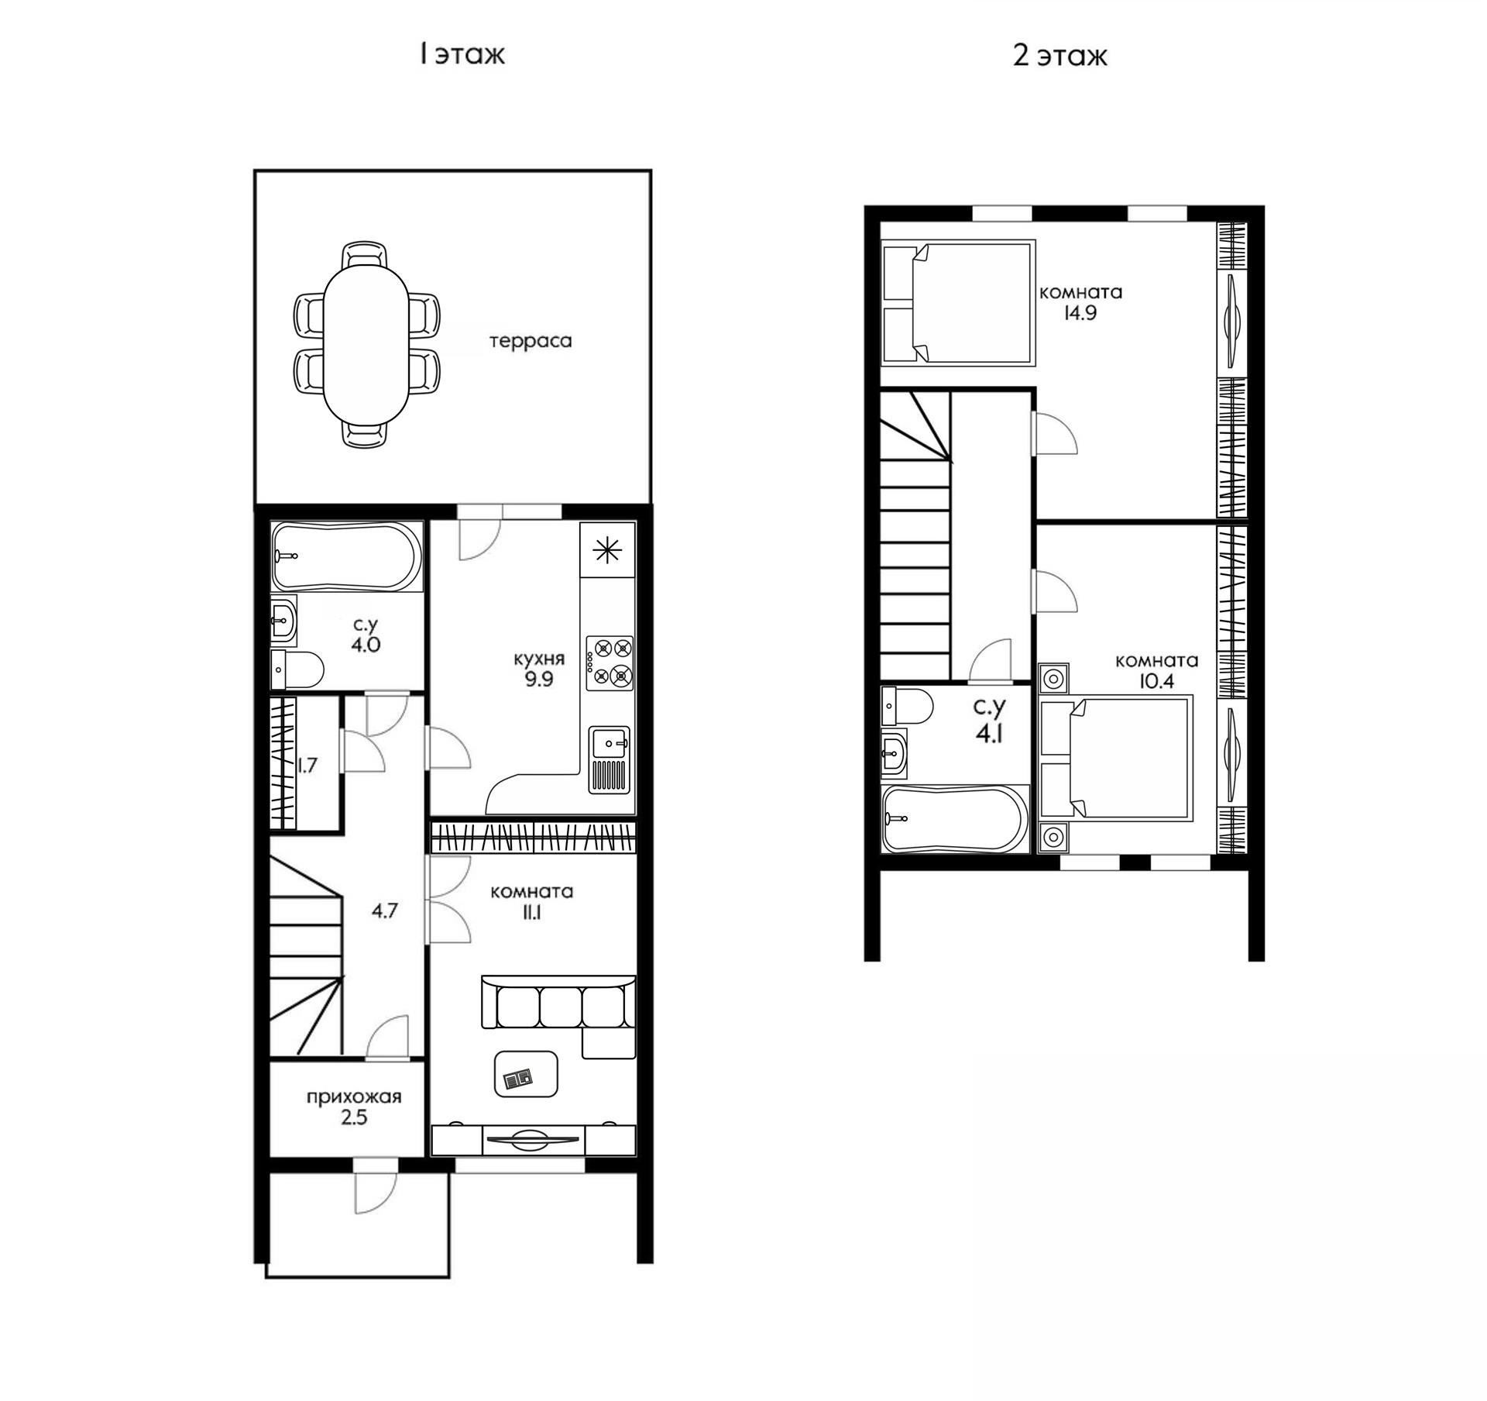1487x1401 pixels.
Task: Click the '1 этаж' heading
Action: coord(462,55)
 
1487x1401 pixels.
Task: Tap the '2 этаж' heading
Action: coord(1060,56)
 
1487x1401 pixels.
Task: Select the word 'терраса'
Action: coord(531,341)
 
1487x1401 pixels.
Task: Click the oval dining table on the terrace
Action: coord(366,345)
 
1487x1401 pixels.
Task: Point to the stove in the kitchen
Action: coord(610,663)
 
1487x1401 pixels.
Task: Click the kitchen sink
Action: coord(610,759)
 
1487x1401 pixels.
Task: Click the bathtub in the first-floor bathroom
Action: coord(346,557)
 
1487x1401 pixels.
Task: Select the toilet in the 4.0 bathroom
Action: coord(297,670)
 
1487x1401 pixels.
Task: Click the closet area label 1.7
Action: coord(307,766)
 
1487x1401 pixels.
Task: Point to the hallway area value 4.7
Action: coord(384,911)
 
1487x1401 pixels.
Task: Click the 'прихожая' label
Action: coord(354,1097)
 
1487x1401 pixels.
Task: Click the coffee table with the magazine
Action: coord(526,1074)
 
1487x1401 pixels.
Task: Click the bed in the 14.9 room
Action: coord(959,302)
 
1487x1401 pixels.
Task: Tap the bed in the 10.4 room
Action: coord(1115,757)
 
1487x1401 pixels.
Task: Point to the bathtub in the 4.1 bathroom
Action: coord(956,819)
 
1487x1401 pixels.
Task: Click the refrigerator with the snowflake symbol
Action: coord(607,549)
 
